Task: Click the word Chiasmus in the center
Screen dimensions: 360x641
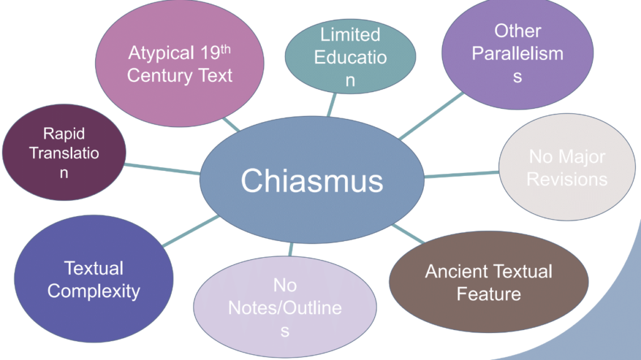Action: (312, 181)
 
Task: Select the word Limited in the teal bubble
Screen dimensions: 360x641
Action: (350, 34)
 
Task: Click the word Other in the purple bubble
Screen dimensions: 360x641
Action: (518, 30)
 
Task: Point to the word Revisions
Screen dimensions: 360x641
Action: (567, 179)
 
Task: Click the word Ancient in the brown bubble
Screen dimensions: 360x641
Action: (455, 272)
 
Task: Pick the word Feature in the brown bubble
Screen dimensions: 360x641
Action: (488, 294)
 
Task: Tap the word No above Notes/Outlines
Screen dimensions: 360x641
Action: (285, 285)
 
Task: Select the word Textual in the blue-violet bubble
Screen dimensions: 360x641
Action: (94, 269)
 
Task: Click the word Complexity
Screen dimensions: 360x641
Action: (94, 291)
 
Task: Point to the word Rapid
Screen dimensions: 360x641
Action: (64, 133)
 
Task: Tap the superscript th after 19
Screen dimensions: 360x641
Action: (225, 48)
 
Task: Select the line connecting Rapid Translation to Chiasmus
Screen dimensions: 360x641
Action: (163, 170)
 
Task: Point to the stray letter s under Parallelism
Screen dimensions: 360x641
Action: (518, 78)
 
